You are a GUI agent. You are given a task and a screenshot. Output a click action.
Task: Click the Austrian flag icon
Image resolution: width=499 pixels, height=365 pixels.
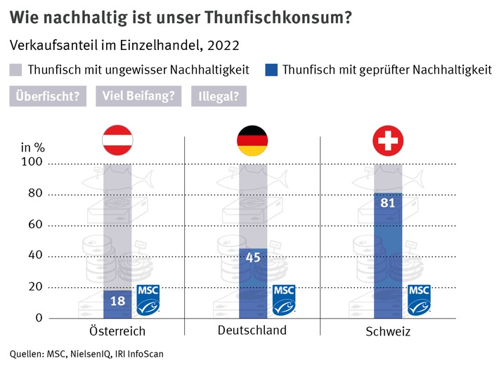[117, 140]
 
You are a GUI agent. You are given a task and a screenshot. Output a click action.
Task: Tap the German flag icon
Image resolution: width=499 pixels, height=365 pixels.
[252, 140]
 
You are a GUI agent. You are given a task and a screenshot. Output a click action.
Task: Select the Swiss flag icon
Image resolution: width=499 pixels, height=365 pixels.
[388, 140]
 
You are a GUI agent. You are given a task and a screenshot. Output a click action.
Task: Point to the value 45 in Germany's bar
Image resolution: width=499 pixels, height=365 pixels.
[252, 258]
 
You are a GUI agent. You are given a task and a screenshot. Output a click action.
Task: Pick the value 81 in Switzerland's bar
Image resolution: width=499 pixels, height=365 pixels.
[388, 203]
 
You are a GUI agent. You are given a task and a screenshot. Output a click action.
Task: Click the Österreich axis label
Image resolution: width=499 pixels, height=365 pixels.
[117, 331]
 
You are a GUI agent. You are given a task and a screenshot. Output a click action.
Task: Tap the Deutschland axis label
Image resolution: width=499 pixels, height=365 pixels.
[252, 330]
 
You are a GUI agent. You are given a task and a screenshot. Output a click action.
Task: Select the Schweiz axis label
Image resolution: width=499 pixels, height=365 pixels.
[387, 331]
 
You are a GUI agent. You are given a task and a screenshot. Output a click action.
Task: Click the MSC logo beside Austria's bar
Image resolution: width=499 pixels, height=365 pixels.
[148, 298]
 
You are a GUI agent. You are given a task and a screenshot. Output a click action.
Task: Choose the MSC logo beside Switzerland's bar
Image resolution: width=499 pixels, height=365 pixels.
[419, 298]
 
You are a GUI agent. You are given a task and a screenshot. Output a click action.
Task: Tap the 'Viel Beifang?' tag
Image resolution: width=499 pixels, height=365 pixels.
[138, 96]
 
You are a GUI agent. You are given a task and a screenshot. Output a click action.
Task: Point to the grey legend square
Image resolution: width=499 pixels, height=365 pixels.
[16, 69]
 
